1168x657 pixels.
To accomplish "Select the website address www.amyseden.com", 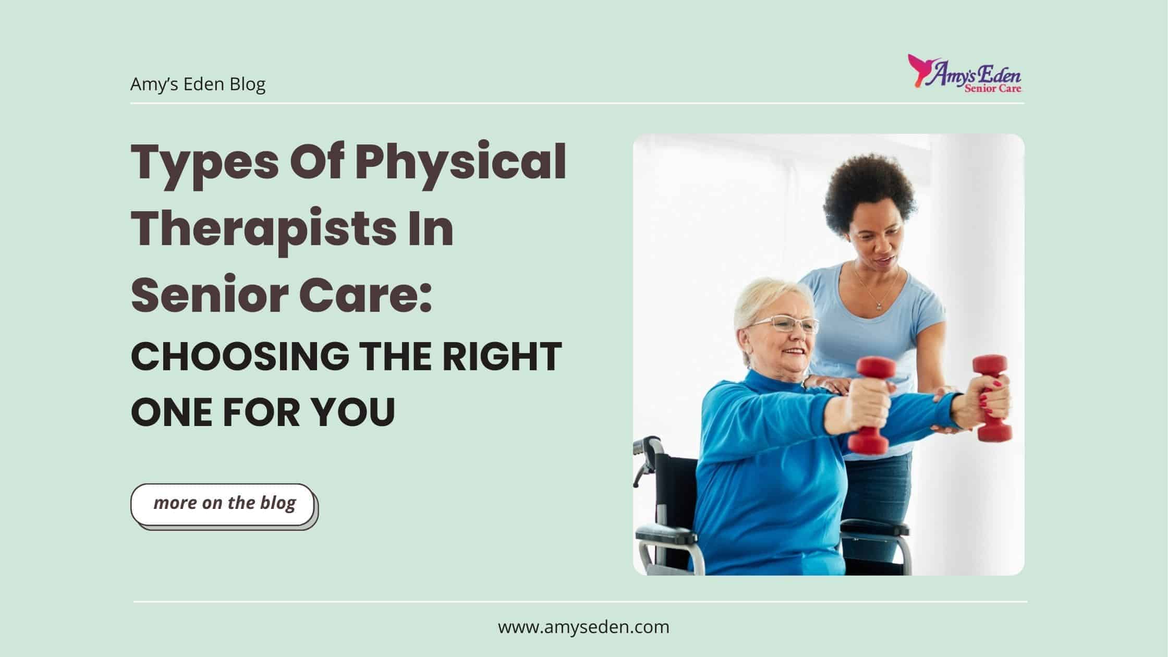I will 583,627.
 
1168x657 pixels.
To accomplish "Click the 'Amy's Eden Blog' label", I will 198,84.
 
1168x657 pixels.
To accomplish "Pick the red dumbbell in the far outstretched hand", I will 992,398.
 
